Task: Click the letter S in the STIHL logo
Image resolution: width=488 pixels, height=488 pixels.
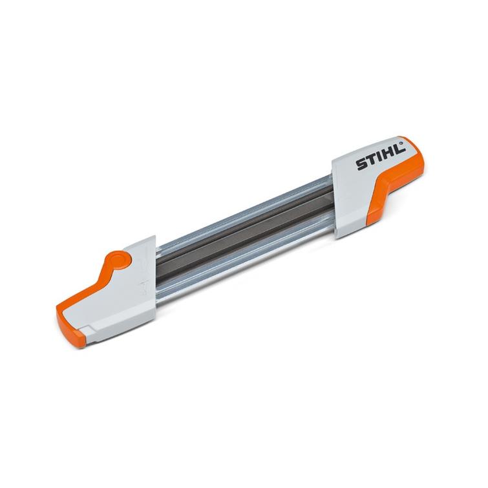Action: [361, 165]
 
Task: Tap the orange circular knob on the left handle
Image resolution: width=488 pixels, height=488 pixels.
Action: [118, 260]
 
